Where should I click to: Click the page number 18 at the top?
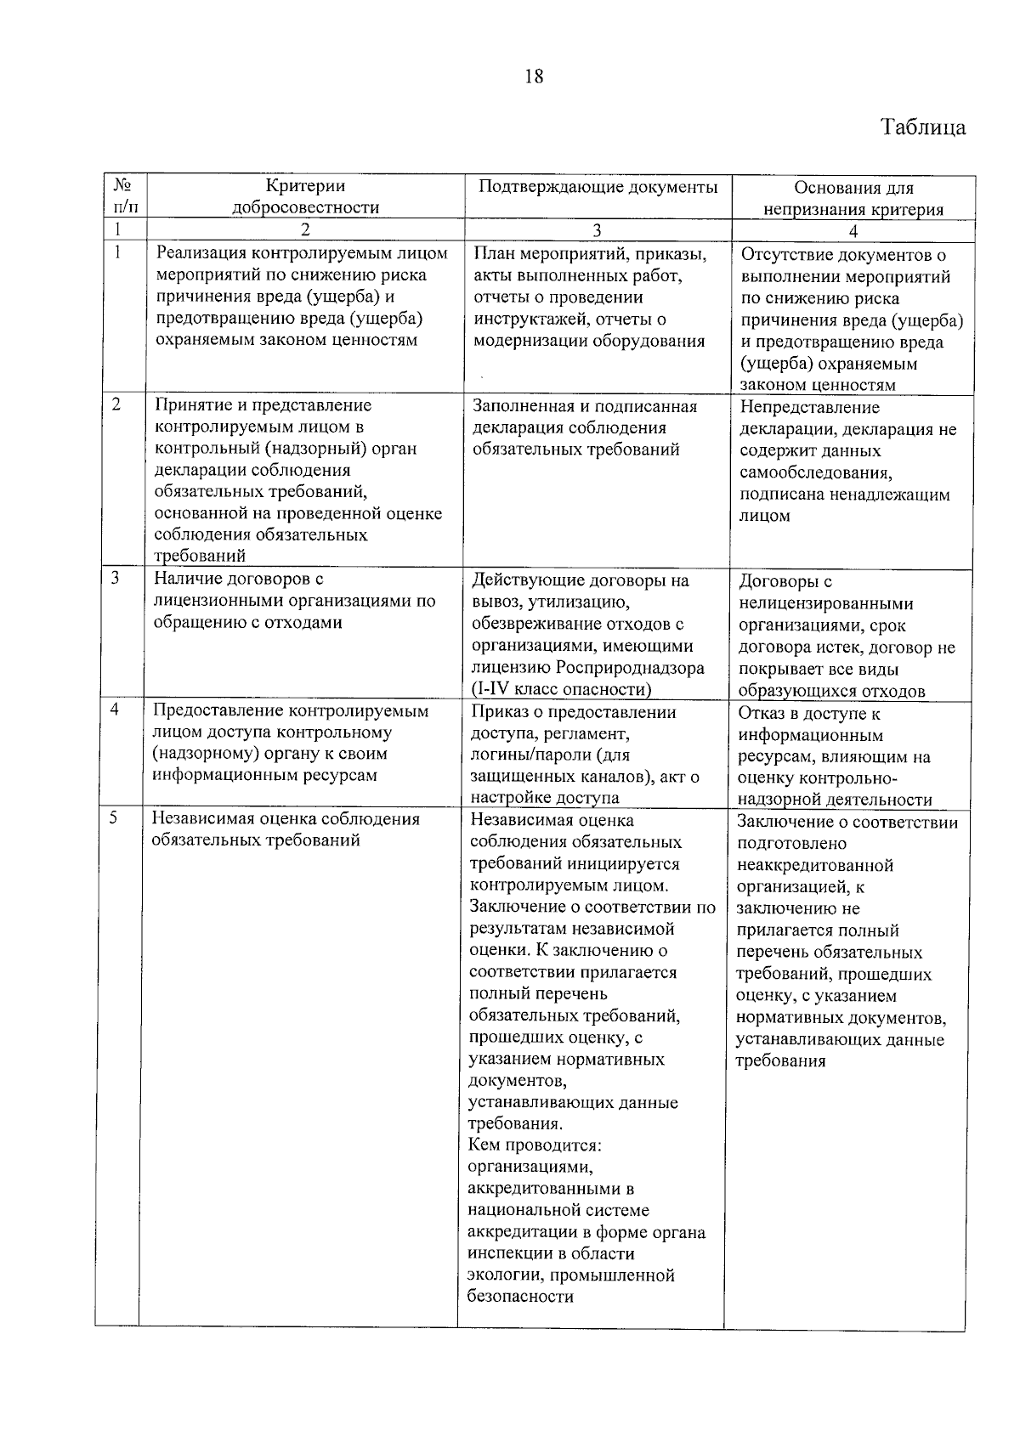click(534, 76)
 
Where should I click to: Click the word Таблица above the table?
click(923, 127)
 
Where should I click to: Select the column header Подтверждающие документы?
click(598, 187)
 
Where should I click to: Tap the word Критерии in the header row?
click(305, 186)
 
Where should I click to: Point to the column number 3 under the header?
click(597, 230)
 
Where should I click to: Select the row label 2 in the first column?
click(116, 405)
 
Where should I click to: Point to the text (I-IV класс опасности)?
click(560, 689)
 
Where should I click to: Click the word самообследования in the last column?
click(814, 472)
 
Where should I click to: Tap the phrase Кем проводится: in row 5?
click(535, 1145)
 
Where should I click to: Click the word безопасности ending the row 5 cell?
click(520, 1297)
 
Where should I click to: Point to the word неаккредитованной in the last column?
click(814, 866)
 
